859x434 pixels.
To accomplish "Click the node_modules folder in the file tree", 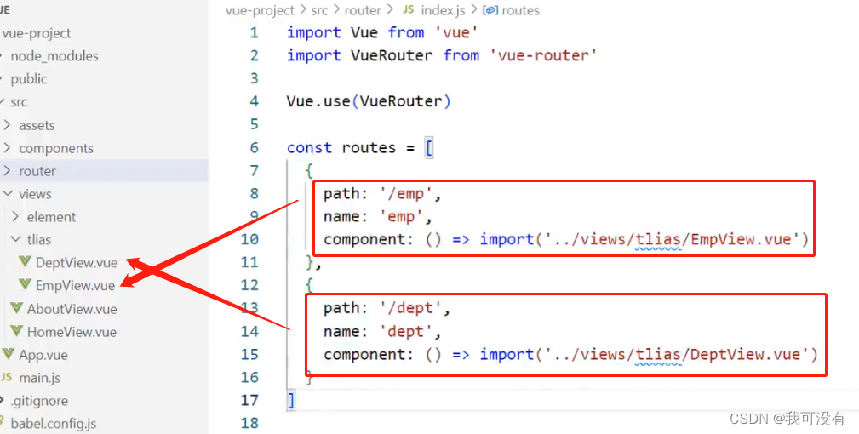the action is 54,56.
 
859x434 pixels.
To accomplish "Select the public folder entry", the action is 29,79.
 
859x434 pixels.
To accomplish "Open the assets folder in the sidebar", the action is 37,125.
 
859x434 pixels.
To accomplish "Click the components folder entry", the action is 56,148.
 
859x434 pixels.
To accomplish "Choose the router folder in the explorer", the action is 37,171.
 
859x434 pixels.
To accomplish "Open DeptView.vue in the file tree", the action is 76,263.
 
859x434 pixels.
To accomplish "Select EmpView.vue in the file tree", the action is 74,286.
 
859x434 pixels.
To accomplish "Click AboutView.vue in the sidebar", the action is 72,309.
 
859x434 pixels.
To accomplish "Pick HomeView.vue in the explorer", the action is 72,332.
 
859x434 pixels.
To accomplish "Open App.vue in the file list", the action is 43,355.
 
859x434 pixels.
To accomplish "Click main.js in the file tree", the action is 39,378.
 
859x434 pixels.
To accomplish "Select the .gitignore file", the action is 39,401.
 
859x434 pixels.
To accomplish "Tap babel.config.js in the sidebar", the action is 53,423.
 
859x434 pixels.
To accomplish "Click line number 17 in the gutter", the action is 249,400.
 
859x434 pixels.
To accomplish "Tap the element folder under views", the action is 51,217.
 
